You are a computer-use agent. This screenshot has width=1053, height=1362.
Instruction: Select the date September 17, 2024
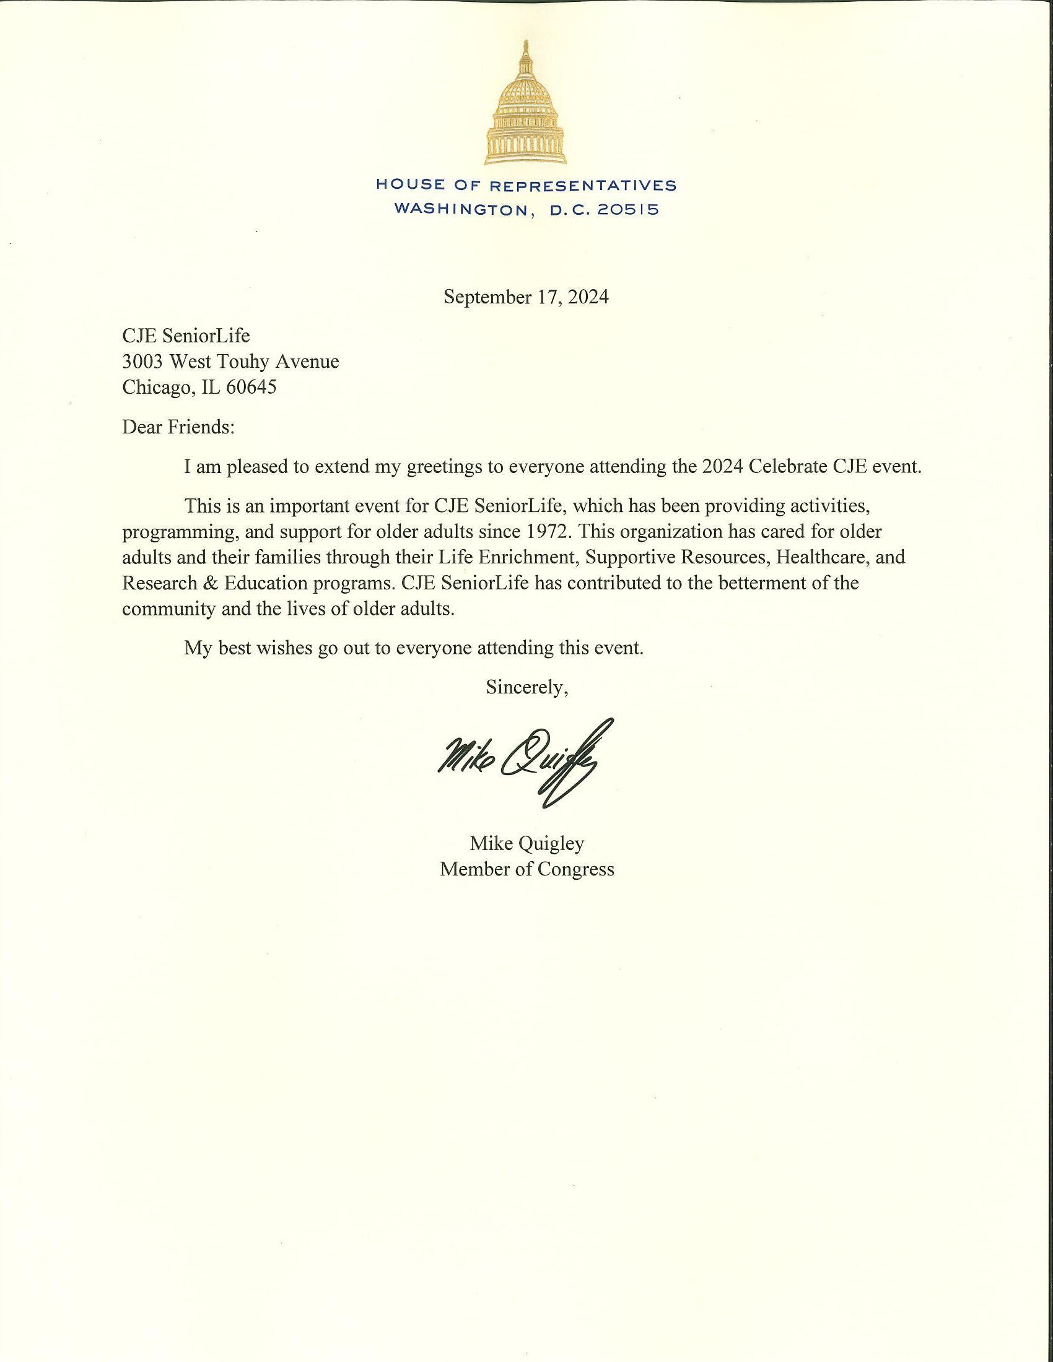pyautogui.click(x=526, y=297)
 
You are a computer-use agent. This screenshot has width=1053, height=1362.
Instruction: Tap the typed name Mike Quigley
pyautogui.click(x=526, y=844)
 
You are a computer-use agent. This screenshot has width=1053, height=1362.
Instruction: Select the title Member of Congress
pyautogui.click(x=526, y=869)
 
